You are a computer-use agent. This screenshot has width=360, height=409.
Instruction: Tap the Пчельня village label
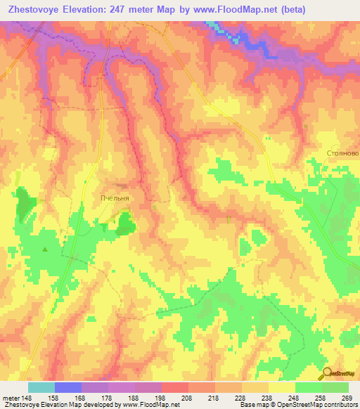tap(115, 199)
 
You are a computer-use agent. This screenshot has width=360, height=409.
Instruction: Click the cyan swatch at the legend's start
tap(41, 387)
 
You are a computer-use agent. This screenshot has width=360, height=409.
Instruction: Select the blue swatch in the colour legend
tap(68, 387)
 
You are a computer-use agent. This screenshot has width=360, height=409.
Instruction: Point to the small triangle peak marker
tap(46, 249)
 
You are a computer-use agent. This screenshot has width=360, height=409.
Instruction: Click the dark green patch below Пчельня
tap(127, 224)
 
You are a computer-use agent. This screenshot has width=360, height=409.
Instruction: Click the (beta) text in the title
tap(333, 10)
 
